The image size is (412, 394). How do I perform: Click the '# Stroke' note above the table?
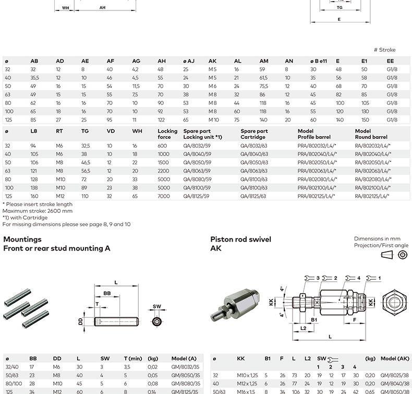point(384,50)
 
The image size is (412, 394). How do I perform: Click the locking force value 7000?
point(163,196)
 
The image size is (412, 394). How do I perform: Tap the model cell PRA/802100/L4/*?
point(316,187)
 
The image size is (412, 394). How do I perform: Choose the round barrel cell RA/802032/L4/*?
point(372,146)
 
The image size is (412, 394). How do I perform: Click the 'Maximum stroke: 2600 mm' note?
point(38,211)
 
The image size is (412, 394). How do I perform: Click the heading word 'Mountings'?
point(22,240)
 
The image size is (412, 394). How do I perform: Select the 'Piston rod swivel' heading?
point(240,240)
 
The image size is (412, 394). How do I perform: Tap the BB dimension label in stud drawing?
point(107,294)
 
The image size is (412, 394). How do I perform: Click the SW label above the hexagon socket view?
point(157,307)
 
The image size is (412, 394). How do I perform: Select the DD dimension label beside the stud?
point(81,323)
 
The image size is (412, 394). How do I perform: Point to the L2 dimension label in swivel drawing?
point(303,328)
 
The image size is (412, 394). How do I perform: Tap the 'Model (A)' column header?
point(184,359)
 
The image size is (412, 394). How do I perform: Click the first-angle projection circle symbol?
point(402,255)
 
